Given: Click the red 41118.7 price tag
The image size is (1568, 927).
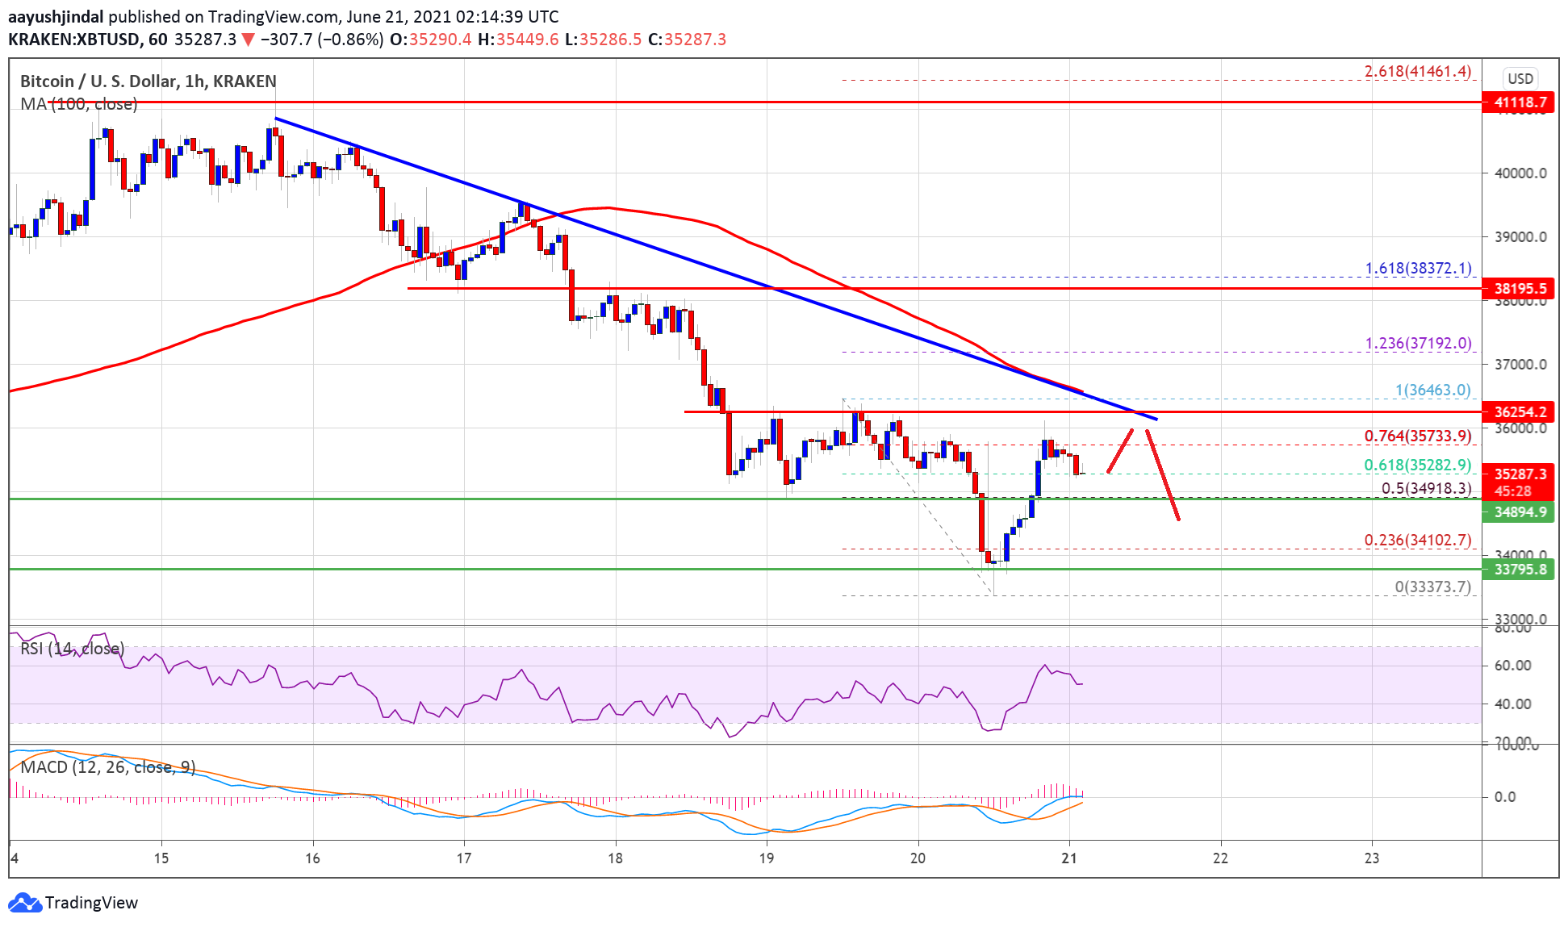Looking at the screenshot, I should tap(1519, 102).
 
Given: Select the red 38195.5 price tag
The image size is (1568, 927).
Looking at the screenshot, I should tap(1519, 288).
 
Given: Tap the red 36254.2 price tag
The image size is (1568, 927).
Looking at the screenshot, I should tap(1519, 411).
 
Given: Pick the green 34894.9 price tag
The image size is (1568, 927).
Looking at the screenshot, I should tap(1519, 512).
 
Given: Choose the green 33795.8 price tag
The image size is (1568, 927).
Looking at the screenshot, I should tap(1519, 570).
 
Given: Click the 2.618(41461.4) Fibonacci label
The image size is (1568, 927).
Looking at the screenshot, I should tap(1418, 71).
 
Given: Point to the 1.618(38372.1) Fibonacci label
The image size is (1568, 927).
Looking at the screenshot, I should tap(1418, 268).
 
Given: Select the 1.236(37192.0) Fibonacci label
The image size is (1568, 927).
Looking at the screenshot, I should tap(1418, 343).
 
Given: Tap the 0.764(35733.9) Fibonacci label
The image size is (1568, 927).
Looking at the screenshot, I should tap(1418, 436).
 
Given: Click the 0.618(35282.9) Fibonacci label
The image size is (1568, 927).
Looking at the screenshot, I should tap(1418, 465).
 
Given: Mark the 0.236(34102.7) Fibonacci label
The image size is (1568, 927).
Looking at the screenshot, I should tap(1418, 540).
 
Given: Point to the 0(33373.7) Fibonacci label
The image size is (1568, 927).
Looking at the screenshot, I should tap(1432, 587).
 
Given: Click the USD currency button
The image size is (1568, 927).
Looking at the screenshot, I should tap(1520, 78).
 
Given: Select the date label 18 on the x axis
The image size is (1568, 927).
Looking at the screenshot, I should tap(615, 858).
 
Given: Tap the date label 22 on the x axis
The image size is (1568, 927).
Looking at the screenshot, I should tap(1220, 858).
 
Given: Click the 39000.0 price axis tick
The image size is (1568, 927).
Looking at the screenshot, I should tap(1520, 236).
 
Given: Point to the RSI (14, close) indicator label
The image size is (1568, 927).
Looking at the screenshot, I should tap(72, 648).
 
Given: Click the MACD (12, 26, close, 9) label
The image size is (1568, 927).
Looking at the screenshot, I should tap(107, 766).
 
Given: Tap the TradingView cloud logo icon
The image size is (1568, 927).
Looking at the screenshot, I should tap(24, 902).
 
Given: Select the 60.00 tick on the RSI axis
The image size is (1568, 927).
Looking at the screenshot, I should tap(1512, 665).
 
